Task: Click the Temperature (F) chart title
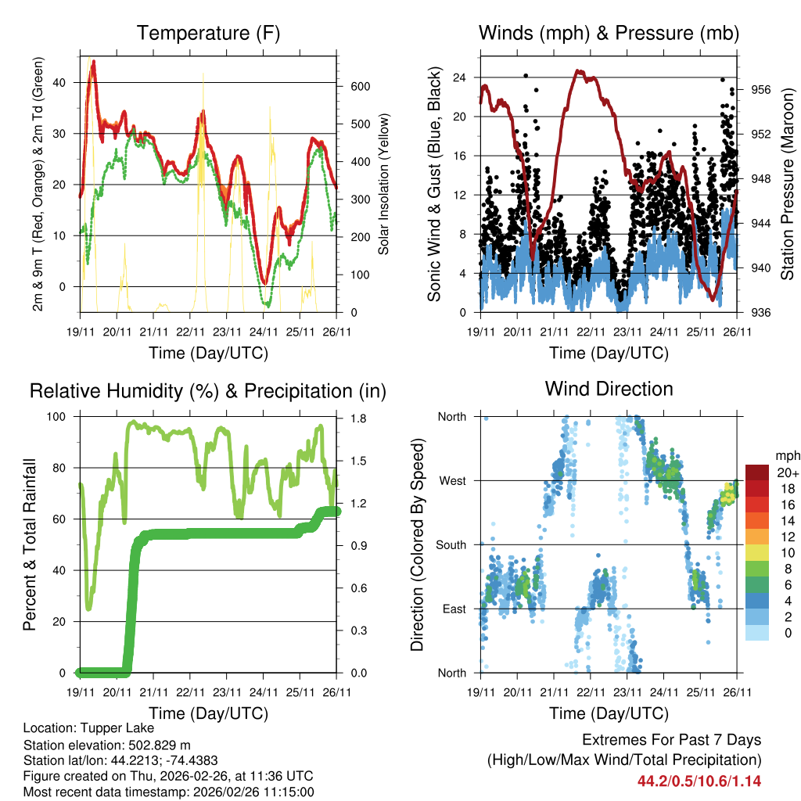point(208,33)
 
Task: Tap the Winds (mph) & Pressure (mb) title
point(609,33)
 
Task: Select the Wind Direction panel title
point(609,389)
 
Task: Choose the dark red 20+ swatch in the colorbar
point(757,472)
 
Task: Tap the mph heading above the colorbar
point(785,455)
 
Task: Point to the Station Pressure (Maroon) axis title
point(787,185)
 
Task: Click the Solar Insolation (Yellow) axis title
point(384,185)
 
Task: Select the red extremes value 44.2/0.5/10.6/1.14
point(699,781)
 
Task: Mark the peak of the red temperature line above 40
point(94,61)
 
